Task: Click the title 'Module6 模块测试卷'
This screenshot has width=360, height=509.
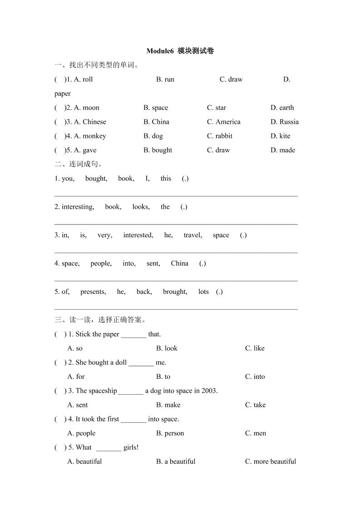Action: coord(180,51)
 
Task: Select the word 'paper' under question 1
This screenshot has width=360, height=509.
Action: coord(63,93)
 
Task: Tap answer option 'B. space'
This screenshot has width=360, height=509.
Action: coord(156,108)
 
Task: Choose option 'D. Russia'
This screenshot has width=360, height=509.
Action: coord(284,122)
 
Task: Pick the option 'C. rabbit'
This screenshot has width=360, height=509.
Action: coord(220,136)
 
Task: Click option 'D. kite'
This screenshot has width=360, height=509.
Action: coord(280,136)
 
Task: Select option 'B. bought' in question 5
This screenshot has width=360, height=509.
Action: coord(158,150)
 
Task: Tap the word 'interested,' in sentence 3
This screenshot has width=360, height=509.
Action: coord(138,235)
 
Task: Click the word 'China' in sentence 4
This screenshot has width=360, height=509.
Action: coord(179,263)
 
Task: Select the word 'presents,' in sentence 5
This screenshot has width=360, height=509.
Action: coord(93,292)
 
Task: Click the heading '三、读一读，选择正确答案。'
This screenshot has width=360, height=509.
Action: coord(100,320)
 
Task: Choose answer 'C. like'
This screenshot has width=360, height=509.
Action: coord(255,348)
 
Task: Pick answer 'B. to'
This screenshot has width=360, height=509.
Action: coord(163,377)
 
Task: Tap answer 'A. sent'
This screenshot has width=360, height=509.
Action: coord(78,405)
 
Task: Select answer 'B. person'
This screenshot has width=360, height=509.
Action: coord(170,433)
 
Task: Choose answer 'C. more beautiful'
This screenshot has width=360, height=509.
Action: coord(270,461)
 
